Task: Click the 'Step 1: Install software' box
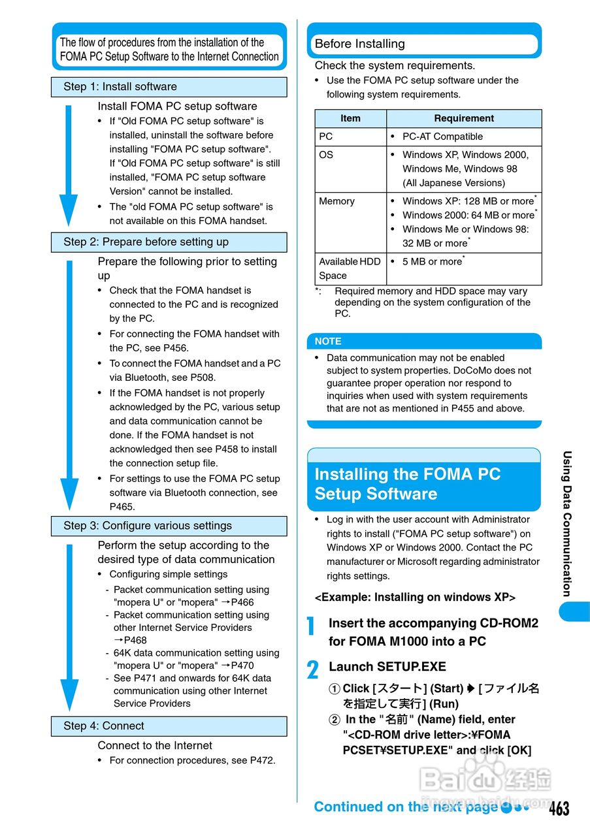[169, 87]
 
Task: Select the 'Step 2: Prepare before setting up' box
[169, 242]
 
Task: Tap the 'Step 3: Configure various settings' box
[169, 526]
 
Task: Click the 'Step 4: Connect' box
[169, 726]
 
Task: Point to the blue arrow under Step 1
[69, 167]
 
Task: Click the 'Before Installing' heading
[360, 44]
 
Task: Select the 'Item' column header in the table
[350, 118]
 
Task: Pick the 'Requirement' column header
[464, 118]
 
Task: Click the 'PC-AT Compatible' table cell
[442, 137]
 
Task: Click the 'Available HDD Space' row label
[350, 268]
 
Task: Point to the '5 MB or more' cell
[432, 262]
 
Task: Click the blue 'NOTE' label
[328, 341]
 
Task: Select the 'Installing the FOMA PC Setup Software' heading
[408, 484]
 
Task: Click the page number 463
[559, 809]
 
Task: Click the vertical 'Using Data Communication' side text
[567, 523]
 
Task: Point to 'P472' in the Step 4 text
[261, 760]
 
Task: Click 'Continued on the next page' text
[406, 807]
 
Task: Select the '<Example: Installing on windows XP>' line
[415, 598]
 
